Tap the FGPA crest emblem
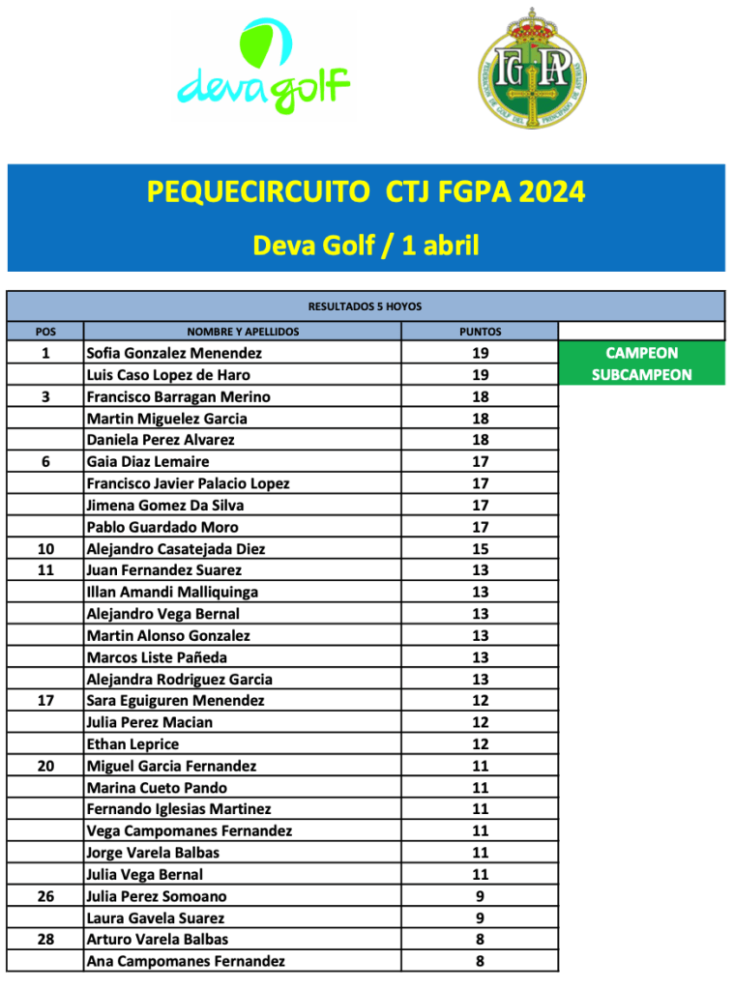[x=531, y=69]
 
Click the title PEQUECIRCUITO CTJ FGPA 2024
[x=366, y=191]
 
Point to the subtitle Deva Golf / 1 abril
[x=366, y=245]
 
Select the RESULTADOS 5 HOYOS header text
[x=365, y=306]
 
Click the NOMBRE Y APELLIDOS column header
[x=243, y=332]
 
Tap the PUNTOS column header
[x=480, y=332]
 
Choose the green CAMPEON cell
[x=641, y=354]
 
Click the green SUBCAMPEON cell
[x=641, y=375]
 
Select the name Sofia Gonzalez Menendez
[x=174, y=354]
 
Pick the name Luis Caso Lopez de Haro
[x=168, y=375]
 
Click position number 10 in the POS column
[x=45, y=549]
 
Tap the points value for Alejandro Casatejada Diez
[x=480, y=549]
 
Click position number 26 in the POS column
[x=45, y=896]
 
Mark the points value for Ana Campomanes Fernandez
[x=480, y=961]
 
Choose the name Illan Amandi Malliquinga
[x=172, y=592]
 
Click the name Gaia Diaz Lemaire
[x=147, y=462]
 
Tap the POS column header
[x=45, y=332]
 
